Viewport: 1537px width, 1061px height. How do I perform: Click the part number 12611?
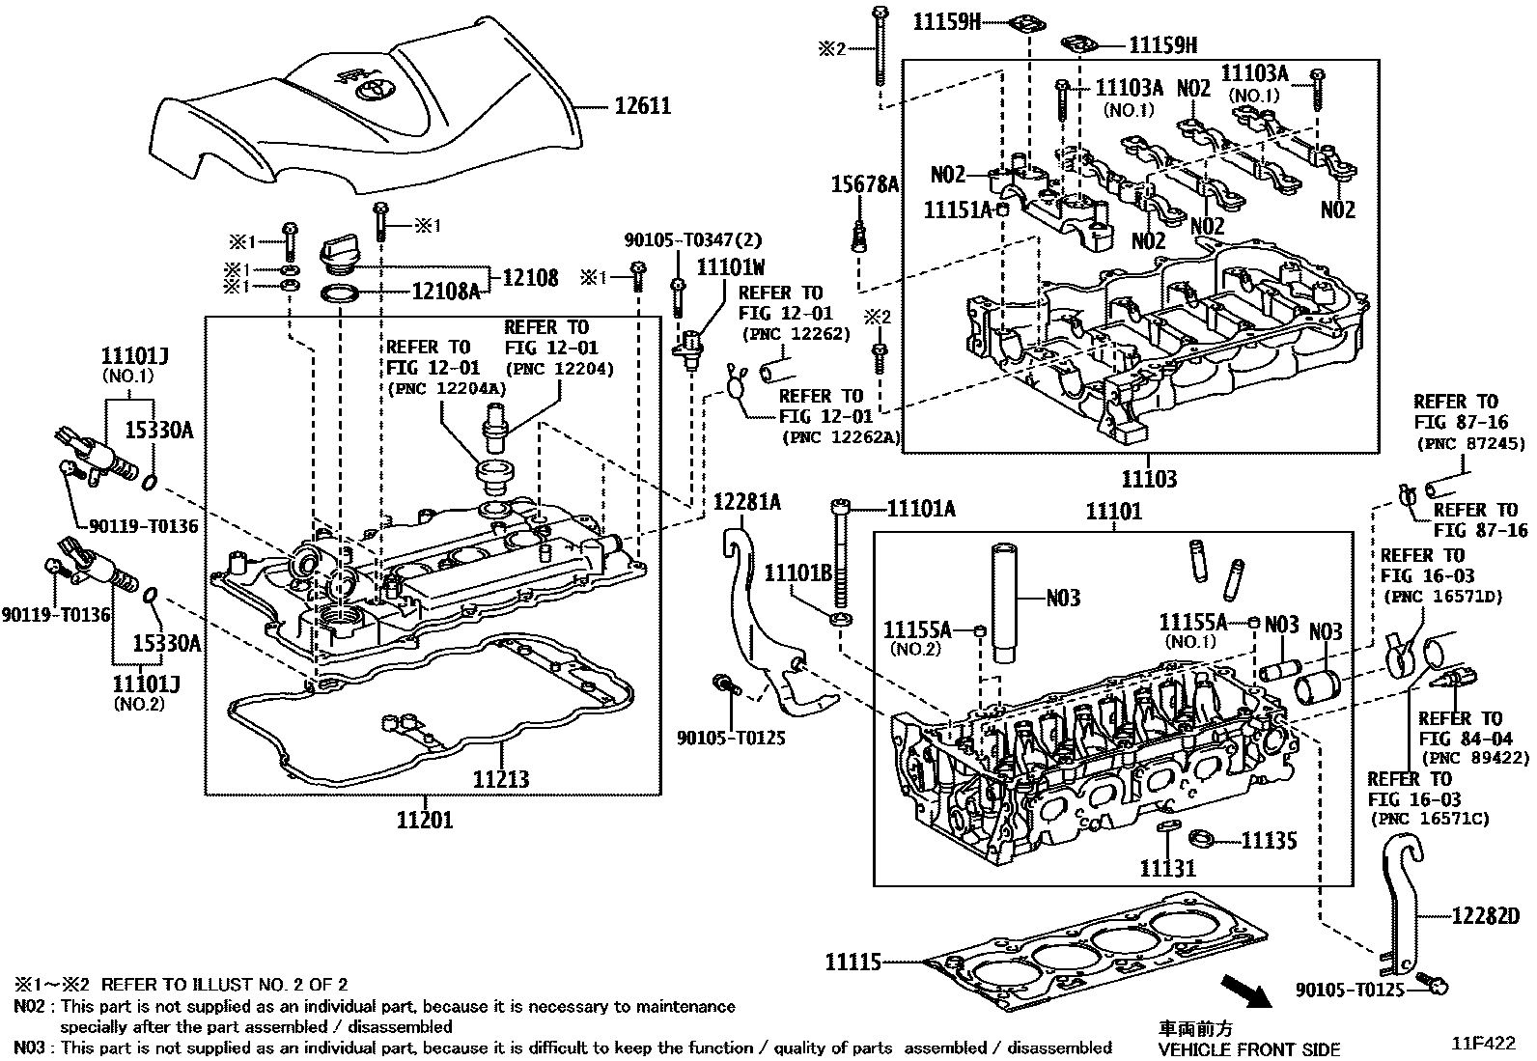642,105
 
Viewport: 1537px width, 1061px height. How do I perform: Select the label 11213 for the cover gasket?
501,779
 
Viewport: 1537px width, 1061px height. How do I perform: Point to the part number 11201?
425,820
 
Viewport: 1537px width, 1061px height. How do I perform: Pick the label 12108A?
446,292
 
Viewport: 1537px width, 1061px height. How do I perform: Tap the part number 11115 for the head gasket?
852,963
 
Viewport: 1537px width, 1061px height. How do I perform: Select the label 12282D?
1486,915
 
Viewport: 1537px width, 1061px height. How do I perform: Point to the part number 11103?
1149,478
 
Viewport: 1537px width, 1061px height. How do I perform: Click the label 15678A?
865,184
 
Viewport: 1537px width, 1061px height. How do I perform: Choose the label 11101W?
731,267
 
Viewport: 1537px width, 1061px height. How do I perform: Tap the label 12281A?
747,502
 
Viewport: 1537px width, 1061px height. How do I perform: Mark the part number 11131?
1167,868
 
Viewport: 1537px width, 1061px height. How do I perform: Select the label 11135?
1270,841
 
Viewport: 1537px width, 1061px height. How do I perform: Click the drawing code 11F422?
1483,1044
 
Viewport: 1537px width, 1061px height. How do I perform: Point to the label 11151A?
958,210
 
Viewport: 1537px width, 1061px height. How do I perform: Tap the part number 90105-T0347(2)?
693,240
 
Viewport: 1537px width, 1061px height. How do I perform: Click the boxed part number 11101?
1113,512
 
